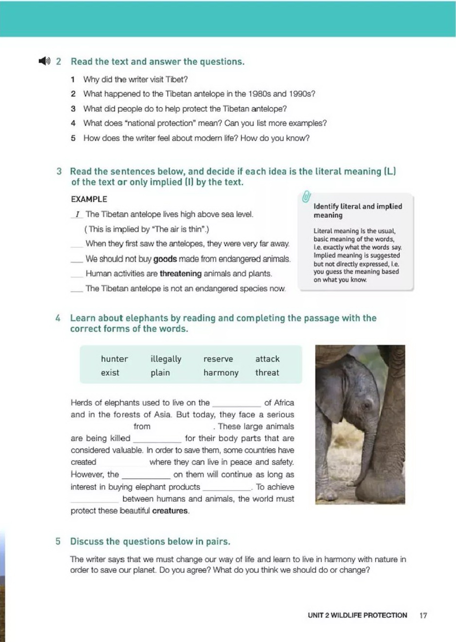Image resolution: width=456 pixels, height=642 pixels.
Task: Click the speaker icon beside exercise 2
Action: (44, 61)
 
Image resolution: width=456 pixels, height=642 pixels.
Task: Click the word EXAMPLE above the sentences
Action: (89, 199)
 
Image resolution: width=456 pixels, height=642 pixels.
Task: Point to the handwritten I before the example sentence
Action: (77, 214)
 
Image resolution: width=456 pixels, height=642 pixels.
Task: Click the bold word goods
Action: (165, 259)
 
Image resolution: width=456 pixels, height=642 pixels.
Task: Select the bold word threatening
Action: (180, 274)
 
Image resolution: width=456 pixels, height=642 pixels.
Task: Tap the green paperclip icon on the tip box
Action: (306, 197)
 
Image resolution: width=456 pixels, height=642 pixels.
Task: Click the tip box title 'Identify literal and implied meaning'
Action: (358, 210)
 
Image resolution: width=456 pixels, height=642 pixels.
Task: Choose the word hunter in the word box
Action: (114, 359)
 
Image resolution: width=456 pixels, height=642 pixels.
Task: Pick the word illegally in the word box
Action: (166, 359)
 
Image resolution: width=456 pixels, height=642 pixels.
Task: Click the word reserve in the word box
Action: (218, 359)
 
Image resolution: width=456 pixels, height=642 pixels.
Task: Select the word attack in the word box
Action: (267, 359)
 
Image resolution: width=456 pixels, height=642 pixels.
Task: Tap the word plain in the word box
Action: (160, 373)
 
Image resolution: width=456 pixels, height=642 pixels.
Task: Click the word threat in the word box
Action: (267, 373)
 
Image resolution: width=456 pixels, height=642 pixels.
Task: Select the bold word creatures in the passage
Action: (170, 511)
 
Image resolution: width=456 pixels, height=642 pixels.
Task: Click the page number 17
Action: (423, 615)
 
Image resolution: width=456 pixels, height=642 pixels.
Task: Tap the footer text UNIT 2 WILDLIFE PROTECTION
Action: (357, 615)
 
